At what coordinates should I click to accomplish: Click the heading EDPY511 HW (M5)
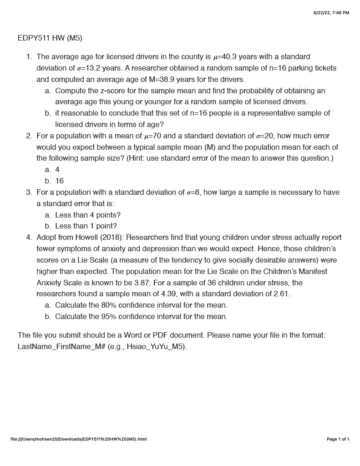(x=50, y=38)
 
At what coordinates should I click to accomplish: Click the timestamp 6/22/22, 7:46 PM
(x=331, y=13)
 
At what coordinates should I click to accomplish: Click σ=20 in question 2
(x=265, y=136)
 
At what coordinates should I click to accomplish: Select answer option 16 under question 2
(x=60, y=181)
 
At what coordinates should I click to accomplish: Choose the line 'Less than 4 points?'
(x=88, y=215)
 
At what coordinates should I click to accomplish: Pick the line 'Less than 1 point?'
(x=86, y=226)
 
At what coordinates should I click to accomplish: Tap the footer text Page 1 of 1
(x=338, y=439)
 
